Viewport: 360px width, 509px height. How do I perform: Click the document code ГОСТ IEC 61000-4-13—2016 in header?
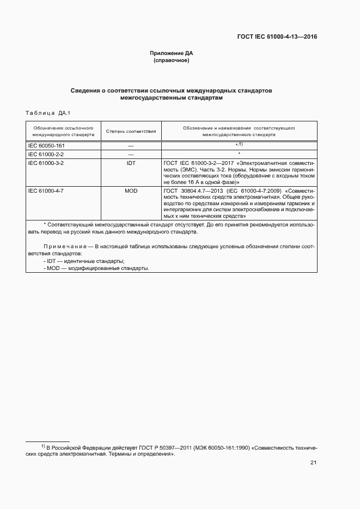[277, 37]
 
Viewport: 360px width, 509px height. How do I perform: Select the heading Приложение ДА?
[172, 53]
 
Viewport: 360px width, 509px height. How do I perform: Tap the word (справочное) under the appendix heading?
[172, 60]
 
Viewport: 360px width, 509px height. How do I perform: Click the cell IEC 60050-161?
[46, 146]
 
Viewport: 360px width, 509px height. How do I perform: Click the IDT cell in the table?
[131, 163]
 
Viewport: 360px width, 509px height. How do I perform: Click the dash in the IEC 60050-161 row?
[131, 146]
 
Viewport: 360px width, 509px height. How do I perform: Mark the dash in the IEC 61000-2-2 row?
[131, 154]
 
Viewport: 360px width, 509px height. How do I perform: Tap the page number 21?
[313, 463]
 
